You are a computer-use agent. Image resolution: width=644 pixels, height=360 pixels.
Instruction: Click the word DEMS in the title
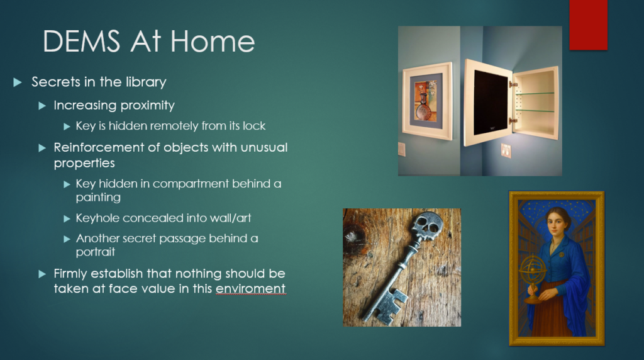click(81, 42)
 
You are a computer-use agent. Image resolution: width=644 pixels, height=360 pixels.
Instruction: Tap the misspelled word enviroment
click(250, 288)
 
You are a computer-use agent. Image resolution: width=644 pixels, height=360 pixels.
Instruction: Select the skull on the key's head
click(427, 225)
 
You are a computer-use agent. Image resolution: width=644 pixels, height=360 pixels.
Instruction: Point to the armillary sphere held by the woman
click(533, 273)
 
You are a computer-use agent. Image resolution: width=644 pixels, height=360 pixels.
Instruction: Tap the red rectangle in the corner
click(588, 25)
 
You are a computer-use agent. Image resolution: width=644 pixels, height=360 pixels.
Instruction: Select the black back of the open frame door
click(491, 103)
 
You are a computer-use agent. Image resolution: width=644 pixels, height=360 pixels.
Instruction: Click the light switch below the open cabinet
click(506, 151)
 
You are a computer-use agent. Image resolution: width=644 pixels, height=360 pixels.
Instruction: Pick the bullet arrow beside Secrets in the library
click(18, 82)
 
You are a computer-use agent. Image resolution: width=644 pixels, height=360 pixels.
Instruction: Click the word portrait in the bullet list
click(96, 252)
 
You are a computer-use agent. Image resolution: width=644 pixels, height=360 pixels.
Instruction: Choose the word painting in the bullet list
click(98, 197)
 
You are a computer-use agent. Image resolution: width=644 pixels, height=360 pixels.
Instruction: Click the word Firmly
click(70, 274)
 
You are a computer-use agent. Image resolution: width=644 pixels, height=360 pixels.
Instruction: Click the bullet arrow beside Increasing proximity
click(42, 106)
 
